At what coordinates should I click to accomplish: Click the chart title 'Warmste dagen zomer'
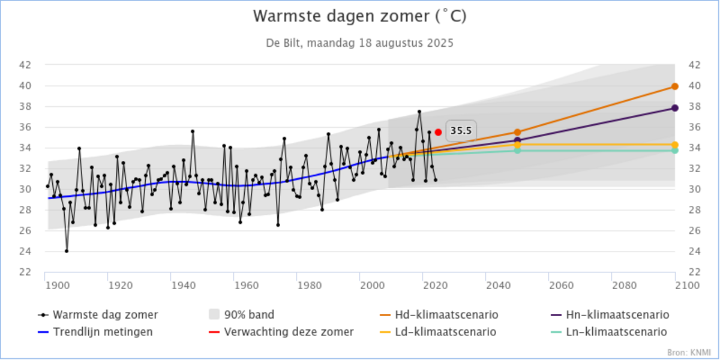point(359,16)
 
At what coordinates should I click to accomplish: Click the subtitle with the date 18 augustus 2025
point(359,43)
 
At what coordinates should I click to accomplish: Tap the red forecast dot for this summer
point(439,132)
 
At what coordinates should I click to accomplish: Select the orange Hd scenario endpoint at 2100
point(675,86)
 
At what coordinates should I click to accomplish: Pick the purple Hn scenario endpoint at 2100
point(675,108)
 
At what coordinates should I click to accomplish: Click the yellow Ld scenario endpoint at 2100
point(675,145)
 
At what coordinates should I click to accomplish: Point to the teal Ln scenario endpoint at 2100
point(675,151)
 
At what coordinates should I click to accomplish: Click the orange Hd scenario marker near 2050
point(517,132)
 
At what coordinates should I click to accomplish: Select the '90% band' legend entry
point(249,314)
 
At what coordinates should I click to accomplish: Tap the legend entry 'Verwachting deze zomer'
point(289,331)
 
